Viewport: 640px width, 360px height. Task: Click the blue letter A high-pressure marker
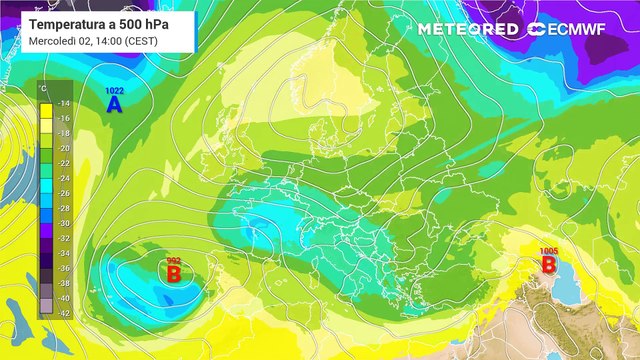114,103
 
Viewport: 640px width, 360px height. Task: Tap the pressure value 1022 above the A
114,91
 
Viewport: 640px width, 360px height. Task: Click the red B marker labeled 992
173,272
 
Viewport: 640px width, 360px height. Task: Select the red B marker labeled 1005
548,264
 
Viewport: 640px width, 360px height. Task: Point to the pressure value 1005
548,251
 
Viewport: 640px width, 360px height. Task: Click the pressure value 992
173,259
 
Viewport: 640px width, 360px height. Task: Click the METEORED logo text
468,29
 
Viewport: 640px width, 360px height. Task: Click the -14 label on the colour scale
63,103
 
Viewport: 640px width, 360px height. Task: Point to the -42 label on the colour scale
63,312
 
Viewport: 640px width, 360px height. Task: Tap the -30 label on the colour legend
63,223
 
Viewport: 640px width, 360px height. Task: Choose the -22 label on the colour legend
63,163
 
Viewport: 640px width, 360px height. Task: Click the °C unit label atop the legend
44,90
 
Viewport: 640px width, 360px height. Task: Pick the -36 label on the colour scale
63,268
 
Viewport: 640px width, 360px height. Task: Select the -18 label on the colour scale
63,133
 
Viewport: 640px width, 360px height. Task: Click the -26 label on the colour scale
63,193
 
